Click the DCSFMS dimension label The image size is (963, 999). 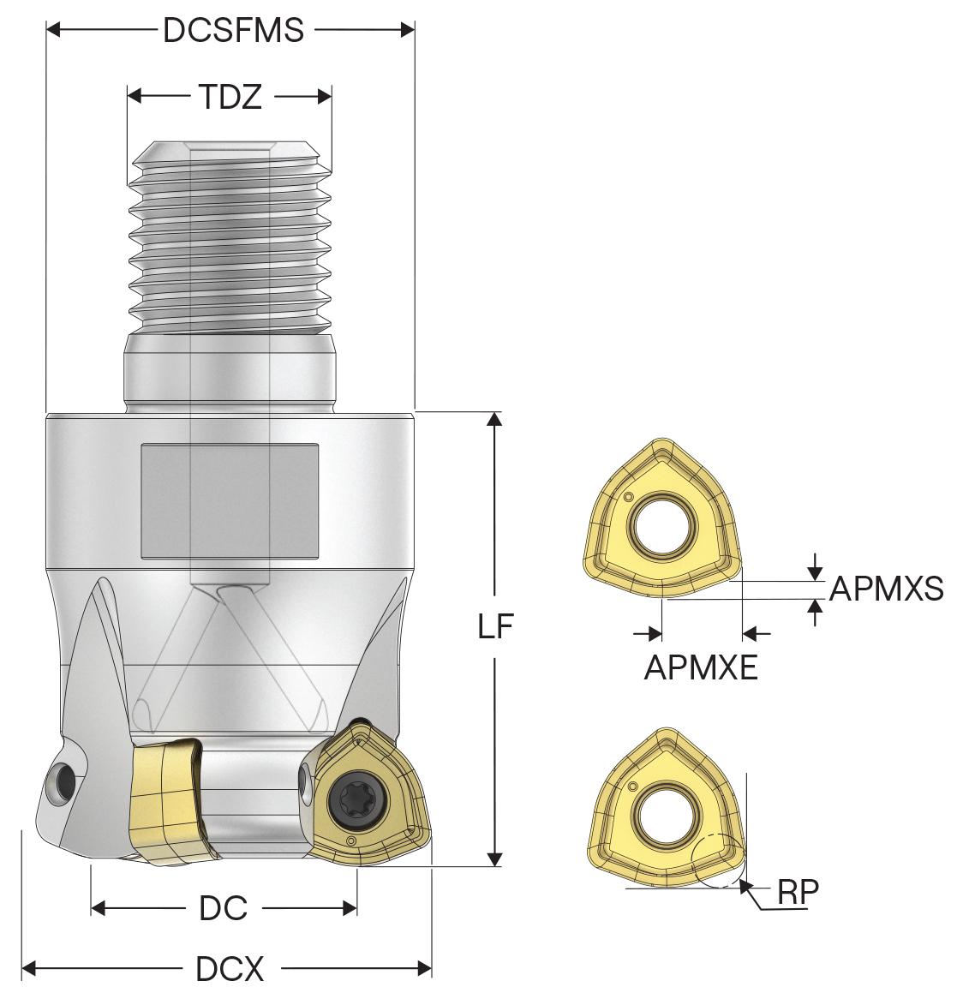(x=232, y=30)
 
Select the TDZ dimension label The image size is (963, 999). (x=230, y=98)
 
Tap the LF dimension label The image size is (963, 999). (x=495, y=627)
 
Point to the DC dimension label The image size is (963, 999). (x=223, y=908)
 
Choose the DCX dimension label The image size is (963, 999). (x=230, y=970)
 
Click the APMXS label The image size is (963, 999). (x=887, y=589)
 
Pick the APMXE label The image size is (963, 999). (x=701, y=667)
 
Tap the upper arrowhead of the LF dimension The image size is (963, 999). (x=494, y=419)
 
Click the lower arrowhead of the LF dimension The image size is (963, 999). (x=494, y=859)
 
